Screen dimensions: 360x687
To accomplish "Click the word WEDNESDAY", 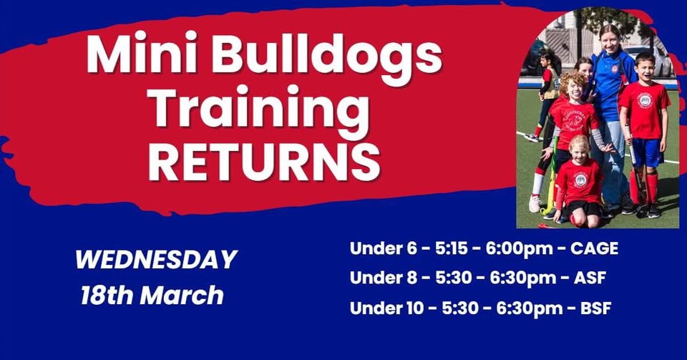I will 155,259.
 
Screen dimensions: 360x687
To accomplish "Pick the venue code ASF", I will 590,278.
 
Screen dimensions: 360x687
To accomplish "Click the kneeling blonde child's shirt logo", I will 580,180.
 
